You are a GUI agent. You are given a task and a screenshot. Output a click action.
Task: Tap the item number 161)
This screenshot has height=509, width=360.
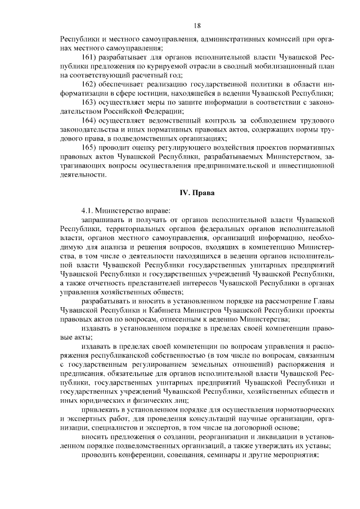[91, 57]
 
